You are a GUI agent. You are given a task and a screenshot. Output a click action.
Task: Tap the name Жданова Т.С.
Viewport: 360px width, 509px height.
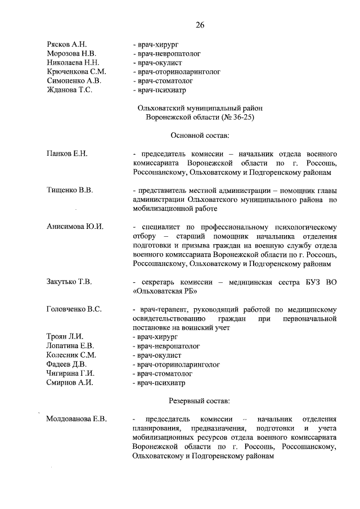[x=69, y=89]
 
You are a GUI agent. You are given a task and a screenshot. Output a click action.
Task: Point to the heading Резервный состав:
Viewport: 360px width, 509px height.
[x=199, y=401]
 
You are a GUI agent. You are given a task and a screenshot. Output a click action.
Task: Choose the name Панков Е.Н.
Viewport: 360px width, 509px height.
[x=67, y=154]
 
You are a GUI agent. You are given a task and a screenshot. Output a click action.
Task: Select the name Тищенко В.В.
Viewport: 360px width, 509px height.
[x=69, y=190]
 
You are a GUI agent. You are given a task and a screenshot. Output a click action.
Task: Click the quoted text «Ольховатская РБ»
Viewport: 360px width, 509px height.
[x=165, y=291]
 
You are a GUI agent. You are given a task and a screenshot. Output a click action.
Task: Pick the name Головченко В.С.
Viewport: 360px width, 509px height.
[x=74, y=309]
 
